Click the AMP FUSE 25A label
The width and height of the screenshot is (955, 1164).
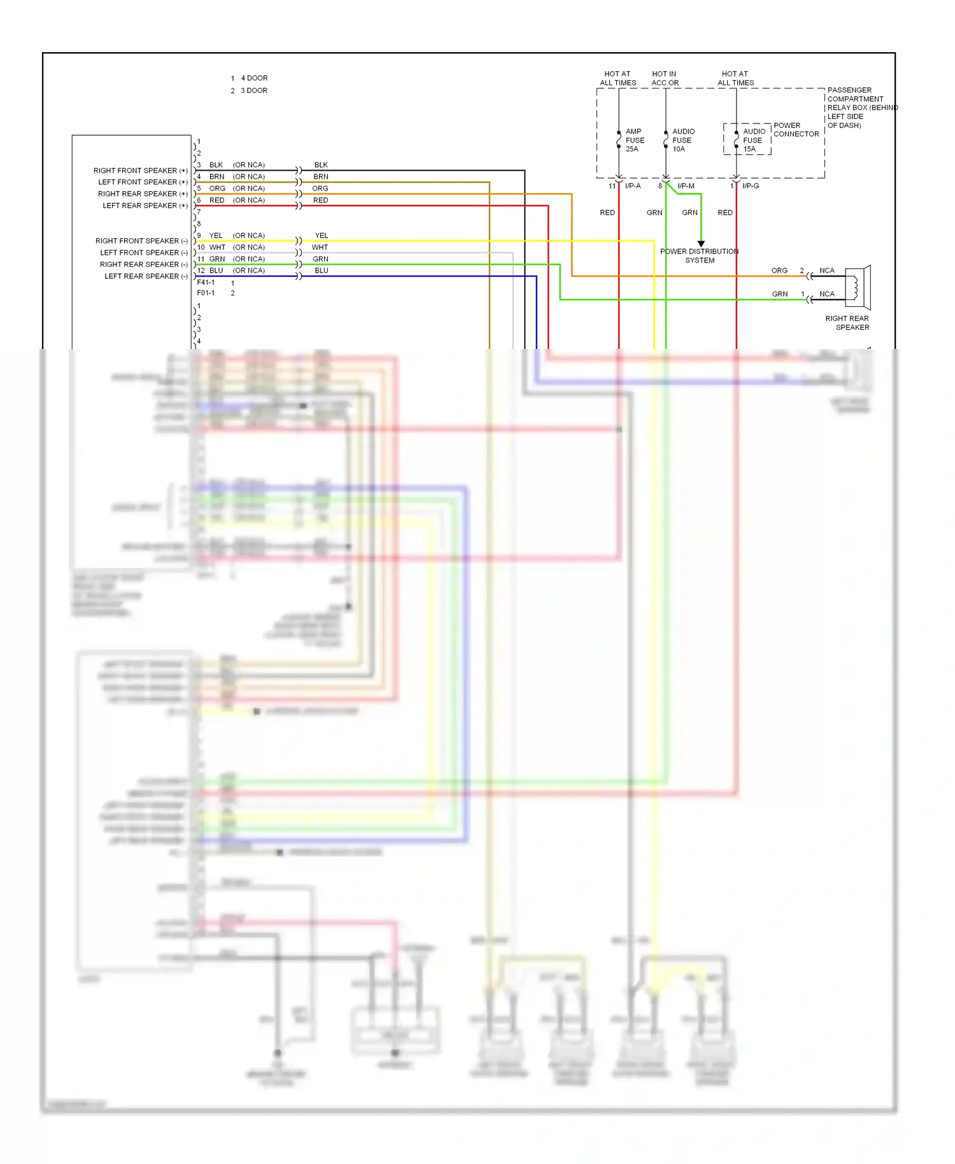tap(634, 140)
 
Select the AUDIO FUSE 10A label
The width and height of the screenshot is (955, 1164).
tap(683, 140)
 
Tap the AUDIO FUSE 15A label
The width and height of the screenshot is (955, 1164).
tap(753, 140)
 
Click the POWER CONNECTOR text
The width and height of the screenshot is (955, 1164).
tap(796, 130)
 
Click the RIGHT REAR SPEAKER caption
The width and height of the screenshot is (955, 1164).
tap(847, 323)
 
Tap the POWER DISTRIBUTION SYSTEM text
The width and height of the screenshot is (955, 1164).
tap(699, 256)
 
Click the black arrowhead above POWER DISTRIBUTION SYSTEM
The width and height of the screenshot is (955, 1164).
tap(701, 244)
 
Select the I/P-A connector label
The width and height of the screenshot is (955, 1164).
tap(633, 186)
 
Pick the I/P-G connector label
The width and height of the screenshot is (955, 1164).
tap(750, 186)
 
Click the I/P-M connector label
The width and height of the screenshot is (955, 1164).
tap(686, 186)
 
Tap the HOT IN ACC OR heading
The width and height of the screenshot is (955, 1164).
tap(665, 78)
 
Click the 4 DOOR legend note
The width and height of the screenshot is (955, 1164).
tap(254, 78)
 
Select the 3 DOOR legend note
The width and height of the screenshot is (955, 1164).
tap(253, 90)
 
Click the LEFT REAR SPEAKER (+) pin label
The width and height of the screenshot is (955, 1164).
tap(145, 206)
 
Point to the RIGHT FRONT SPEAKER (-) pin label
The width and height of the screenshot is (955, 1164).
tap(141, 241)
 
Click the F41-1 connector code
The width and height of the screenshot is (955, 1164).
tap(206, 282)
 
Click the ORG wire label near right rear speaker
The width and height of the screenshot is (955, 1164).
tap(779, 271)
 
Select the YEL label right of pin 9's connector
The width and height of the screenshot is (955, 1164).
tap(322, 236)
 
